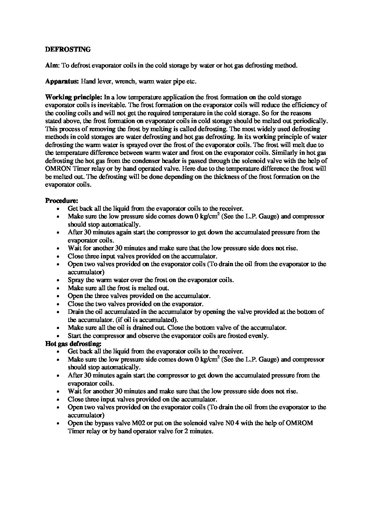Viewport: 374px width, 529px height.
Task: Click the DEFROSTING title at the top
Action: click(x=68, y=49)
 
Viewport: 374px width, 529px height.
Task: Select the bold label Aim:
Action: click(x=53, y=65)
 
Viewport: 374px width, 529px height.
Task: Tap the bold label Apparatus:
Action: click(x=62, y=81)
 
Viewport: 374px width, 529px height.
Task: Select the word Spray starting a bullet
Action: click(x=75, y=280)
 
